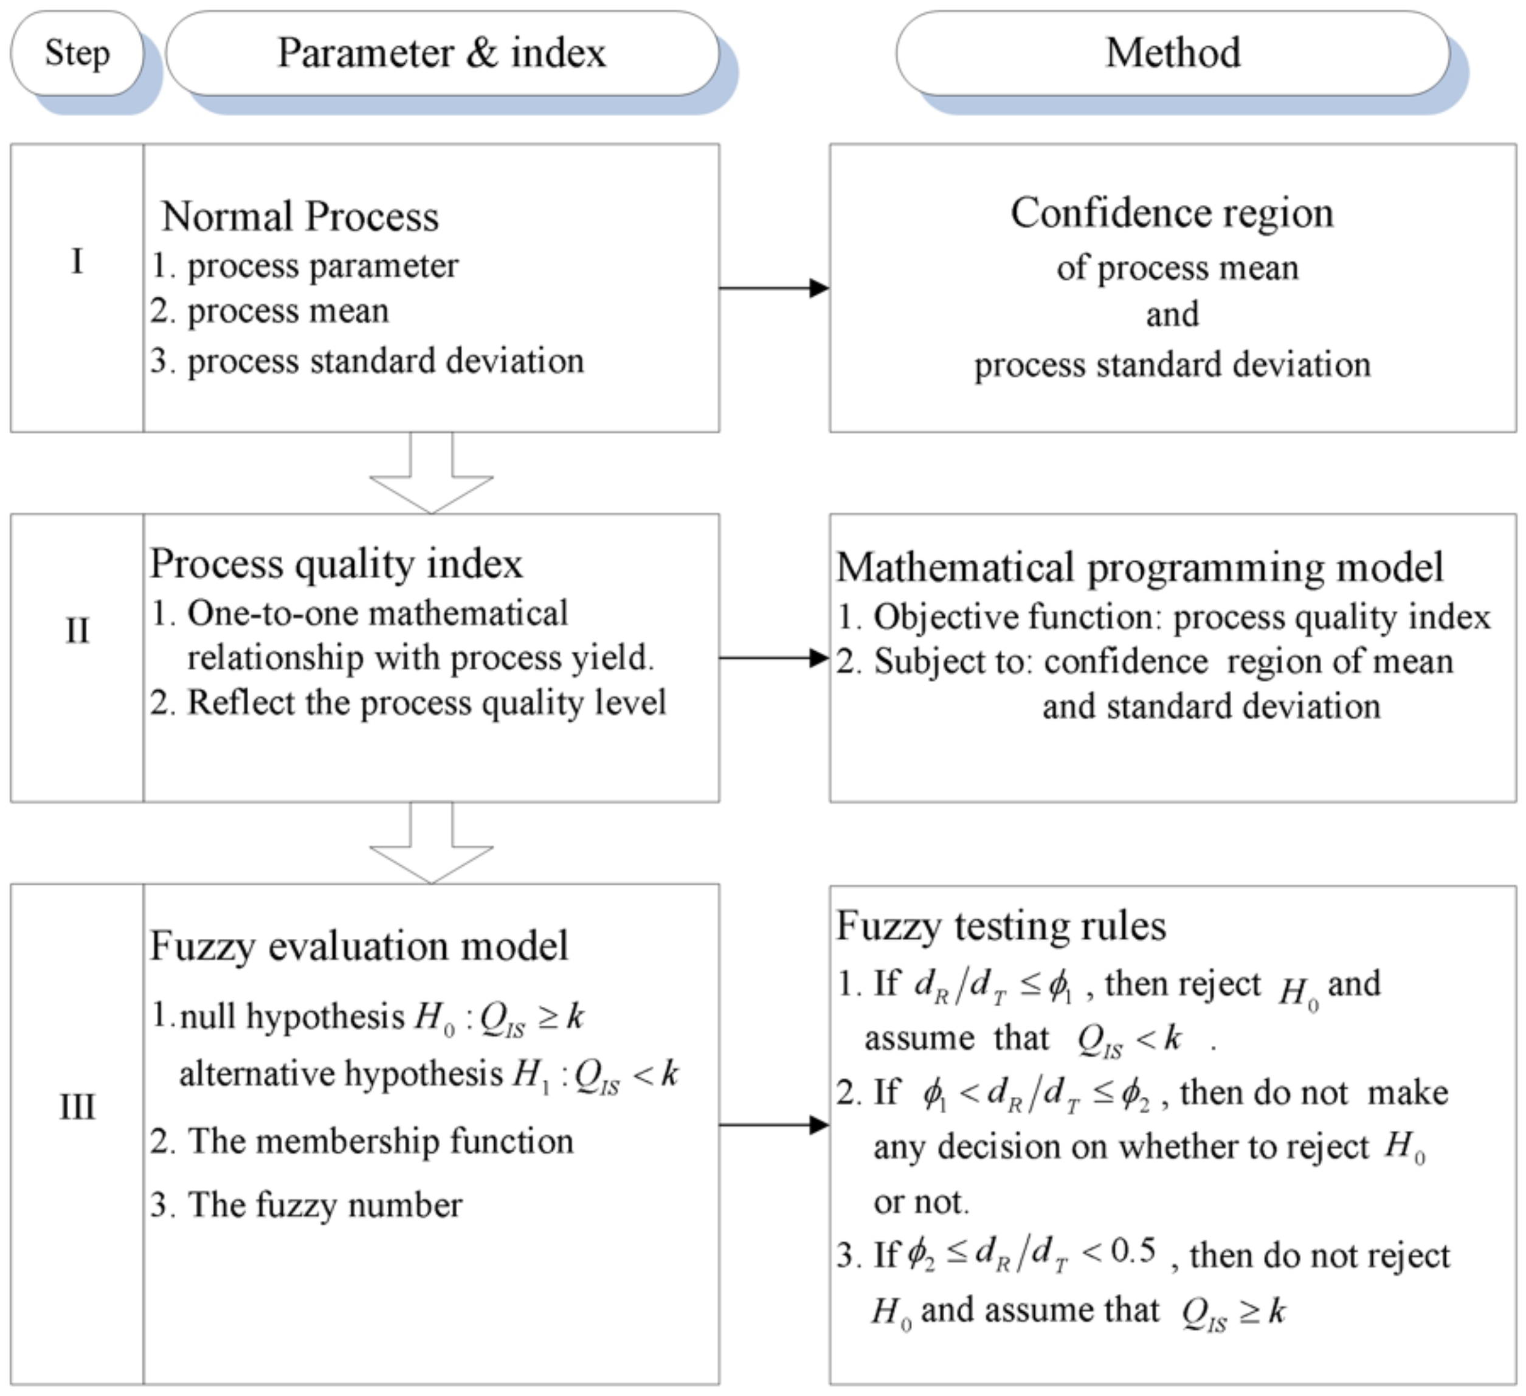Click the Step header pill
pyautogui.click(x=77, y=53)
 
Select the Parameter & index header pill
pyautogui.click(x=442, y=53)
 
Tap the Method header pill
pyautogui.click(x=1173, y=53)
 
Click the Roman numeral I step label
pyautogui.click(x=77, y=262)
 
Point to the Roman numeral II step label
pyautogui.click(x=77, y=631)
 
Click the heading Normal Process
pyautogui.click(x=300, y=216)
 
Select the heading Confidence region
pyautogui.click(x=1172, y=213)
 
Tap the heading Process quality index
pyautogui.click(x=336, y=564)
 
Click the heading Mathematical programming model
pyautogui.click(x=1140, y=567)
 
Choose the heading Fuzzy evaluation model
pyautogui.click(x=359, y=945)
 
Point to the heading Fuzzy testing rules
pyautogui.click(x=1001, y=926)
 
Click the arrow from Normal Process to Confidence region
pyautogui.click(x=773, y=288)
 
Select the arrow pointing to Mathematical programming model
pyautogui.click(x=773, y=658)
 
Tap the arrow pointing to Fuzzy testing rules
pyautogui.click(x=773, y=1125)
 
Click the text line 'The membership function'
pyautogui.click(x=381, y=1141)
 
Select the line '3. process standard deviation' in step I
pyautogui.click(x=368, y=361)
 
